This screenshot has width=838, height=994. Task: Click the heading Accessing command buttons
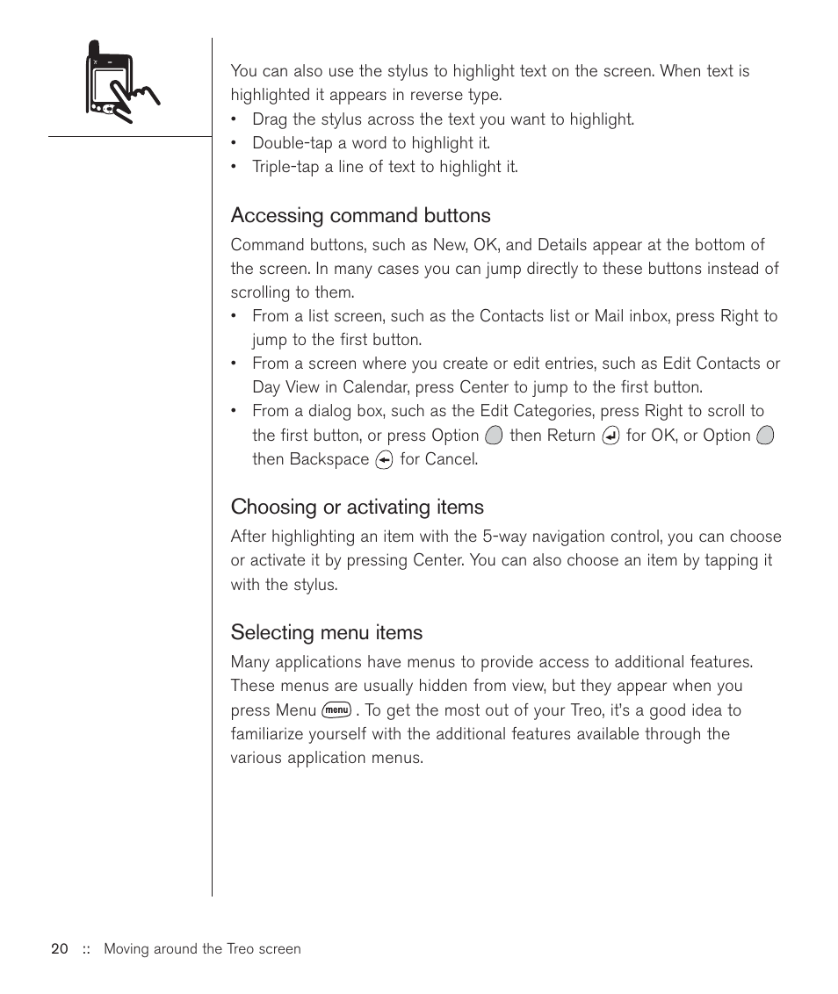(360, 216)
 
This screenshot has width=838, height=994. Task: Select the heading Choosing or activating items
(357, 508)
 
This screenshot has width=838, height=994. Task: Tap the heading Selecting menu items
(326, 633)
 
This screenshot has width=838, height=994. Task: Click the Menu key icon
(336, 710)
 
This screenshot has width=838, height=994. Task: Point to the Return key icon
(611, 436)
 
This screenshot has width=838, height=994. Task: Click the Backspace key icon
(384, 459)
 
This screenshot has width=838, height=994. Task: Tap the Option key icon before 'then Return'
(494, 436)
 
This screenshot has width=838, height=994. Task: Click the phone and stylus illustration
(120, 81)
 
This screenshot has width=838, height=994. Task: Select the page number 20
(60, 949)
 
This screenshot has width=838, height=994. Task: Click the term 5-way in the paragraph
(505, 537)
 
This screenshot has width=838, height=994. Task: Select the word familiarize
(269, 734)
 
